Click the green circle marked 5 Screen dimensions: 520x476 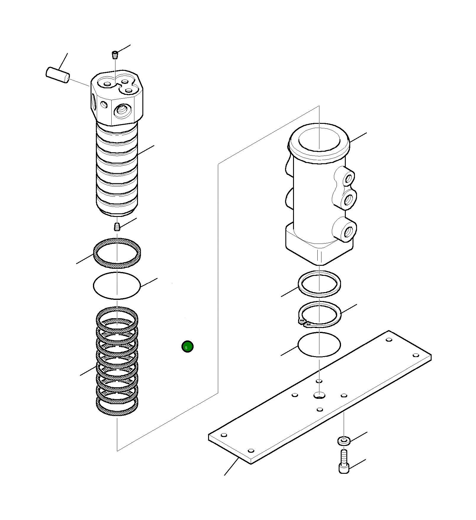(187, 346)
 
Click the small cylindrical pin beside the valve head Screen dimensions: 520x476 (58, 75)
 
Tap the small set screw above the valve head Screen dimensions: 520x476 (115, 55)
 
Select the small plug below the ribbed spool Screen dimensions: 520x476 (117, 227)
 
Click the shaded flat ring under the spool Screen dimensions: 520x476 (117, 253)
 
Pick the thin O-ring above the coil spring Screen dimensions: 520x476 (117, 286)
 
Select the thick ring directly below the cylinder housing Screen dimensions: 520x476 (319, 284)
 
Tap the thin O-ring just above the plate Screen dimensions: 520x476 (319, 344)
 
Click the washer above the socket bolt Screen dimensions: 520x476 (344, 441)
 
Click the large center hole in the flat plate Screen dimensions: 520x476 (319, 395)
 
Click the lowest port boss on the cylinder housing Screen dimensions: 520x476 (345, 230)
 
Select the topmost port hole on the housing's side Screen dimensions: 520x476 (348, 179)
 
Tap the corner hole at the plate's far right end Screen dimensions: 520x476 (416, 355)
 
